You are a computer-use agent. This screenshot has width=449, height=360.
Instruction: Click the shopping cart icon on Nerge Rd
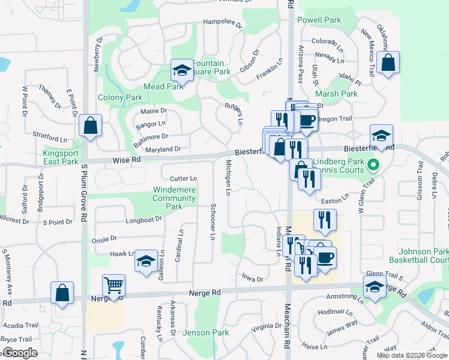[113, 286]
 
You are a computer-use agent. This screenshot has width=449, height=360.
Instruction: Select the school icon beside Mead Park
[181, 71]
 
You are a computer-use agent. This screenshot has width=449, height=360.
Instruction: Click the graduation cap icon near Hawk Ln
[145, 261]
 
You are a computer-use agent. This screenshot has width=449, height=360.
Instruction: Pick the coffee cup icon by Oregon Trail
[307, 119]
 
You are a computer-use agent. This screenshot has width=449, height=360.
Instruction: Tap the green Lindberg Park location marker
[373, 163]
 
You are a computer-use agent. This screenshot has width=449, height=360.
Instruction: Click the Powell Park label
[319, 20]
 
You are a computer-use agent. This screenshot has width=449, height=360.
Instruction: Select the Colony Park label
[120, 97]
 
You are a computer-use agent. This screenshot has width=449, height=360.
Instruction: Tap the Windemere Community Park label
[174, 198]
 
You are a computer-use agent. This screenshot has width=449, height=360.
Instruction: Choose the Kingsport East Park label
[61, 157]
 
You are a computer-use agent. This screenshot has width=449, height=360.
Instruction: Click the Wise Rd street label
[127, 160]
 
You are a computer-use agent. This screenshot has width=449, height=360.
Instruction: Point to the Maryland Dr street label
[163, 149]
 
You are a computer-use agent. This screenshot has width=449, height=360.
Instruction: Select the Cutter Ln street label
[183, 179]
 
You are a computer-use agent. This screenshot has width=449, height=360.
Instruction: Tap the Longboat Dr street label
[144, 220]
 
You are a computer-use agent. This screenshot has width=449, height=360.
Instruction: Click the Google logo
[20, 353]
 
